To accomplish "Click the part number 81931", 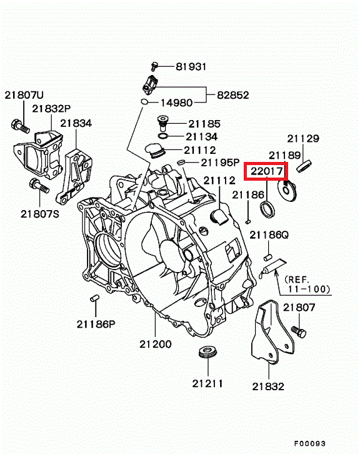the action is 191,66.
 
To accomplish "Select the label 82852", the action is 233,95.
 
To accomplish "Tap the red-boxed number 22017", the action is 266,171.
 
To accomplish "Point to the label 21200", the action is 156,344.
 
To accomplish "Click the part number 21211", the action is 207,383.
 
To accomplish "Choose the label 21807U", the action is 24,95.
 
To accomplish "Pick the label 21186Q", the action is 269,235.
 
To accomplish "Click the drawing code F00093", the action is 310,443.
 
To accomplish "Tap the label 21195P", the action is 220,163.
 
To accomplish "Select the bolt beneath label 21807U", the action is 20,126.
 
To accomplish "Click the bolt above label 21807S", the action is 39,186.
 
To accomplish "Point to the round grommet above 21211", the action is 208,351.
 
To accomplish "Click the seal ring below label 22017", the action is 267,209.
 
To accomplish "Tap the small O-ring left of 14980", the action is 144,102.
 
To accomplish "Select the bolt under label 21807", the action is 299,332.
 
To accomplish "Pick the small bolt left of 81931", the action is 154,66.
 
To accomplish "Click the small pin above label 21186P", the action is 94,298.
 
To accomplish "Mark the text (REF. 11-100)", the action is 307,285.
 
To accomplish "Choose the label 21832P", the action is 51,109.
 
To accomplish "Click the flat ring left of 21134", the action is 163,136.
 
